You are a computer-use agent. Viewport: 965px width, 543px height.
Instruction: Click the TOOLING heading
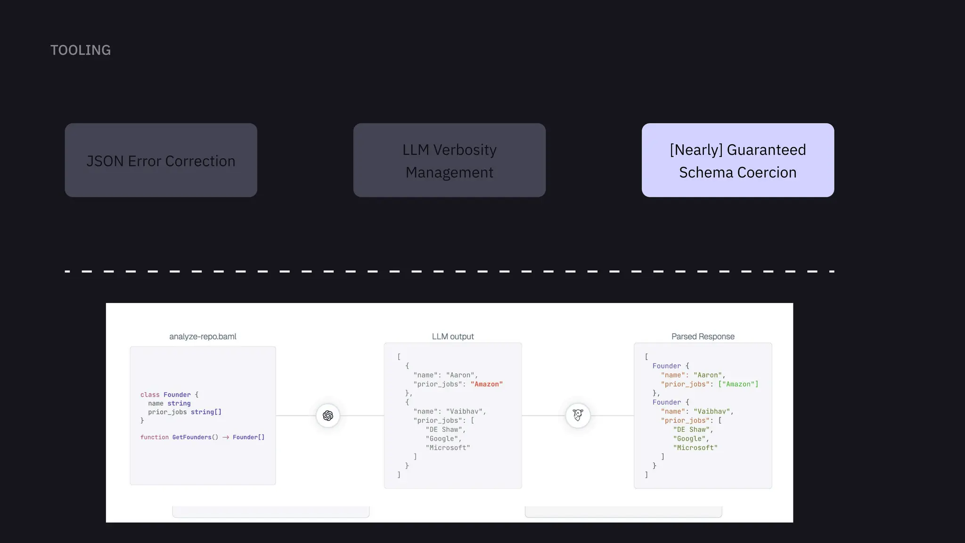(81, 50)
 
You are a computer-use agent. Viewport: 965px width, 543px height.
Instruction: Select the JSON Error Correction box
(161, 160)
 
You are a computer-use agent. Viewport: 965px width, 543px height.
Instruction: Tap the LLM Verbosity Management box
(450, 160)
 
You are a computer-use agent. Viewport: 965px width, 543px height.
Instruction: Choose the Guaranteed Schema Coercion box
(738, 160)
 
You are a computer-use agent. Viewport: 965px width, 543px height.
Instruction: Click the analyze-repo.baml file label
(203, 337)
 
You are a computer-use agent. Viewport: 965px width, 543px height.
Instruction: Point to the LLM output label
(453, 337)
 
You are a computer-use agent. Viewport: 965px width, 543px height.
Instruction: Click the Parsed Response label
(703, 337)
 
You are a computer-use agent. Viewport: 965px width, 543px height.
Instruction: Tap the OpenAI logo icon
(328, 416)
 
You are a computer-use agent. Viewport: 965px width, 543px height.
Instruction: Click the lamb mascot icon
(578, 416)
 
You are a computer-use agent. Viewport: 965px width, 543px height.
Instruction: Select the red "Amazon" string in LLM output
(486, 384)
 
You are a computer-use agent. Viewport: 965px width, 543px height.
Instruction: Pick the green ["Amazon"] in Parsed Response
(738, 384)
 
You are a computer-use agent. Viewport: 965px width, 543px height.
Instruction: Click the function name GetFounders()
(195, 437)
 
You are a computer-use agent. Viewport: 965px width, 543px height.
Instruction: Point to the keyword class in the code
(150, 395)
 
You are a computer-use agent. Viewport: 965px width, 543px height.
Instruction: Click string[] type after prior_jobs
(206, 412)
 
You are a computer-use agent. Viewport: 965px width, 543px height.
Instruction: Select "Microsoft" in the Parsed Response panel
(695, 448)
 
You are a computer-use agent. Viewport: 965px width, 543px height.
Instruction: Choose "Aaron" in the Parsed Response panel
(708, 375)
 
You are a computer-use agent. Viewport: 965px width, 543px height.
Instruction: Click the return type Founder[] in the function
(248, 437)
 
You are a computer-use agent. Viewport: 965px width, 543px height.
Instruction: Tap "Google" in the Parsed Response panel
(689, 439)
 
